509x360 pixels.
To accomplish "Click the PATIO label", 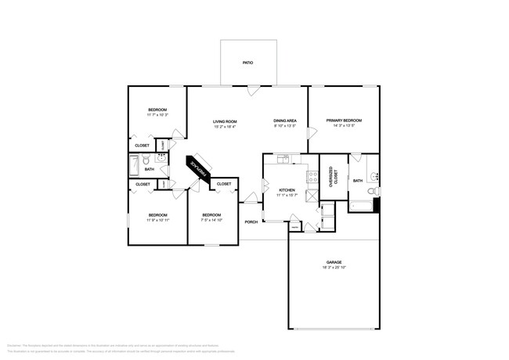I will (247, 63).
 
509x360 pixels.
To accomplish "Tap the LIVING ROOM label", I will (225, 121).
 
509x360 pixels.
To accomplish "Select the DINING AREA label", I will (284, 121).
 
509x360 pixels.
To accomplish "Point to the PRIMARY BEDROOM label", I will (344, 121).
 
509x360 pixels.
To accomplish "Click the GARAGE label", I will (334, 262).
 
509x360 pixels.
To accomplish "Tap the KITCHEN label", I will (287, 190).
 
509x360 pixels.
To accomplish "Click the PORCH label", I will (251, 221).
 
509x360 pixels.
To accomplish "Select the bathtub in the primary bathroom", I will (361, 207).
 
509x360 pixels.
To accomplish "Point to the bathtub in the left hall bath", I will (134, 166).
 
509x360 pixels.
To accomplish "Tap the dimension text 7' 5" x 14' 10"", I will (211, 220).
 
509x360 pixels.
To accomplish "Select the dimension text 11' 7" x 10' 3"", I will (157, 115).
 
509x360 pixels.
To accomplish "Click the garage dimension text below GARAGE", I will (334, 268).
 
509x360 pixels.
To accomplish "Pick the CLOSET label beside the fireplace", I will (224, 183).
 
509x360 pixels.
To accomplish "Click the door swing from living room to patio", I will (252, 91).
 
